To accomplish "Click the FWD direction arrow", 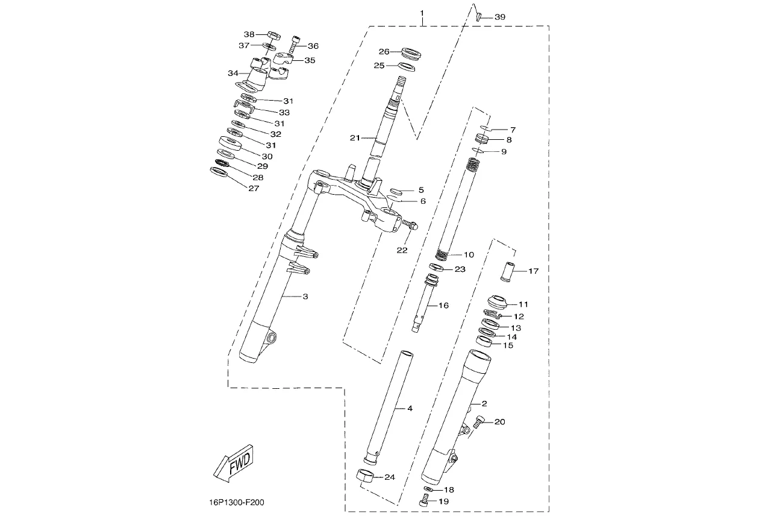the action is [234, 463].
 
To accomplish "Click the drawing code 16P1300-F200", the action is [237, 502].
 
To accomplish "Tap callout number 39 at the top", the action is [500, 17].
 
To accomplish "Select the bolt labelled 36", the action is [295, 44].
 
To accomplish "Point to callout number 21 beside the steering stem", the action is [355, 138].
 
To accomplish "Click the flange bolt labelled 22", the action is [410, 224].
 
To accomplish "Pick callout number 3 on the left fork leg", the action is [305, 297].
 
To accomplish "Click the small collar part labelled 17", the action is [507, 271].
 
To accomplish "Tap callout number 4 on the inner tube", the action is [410, 409].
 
